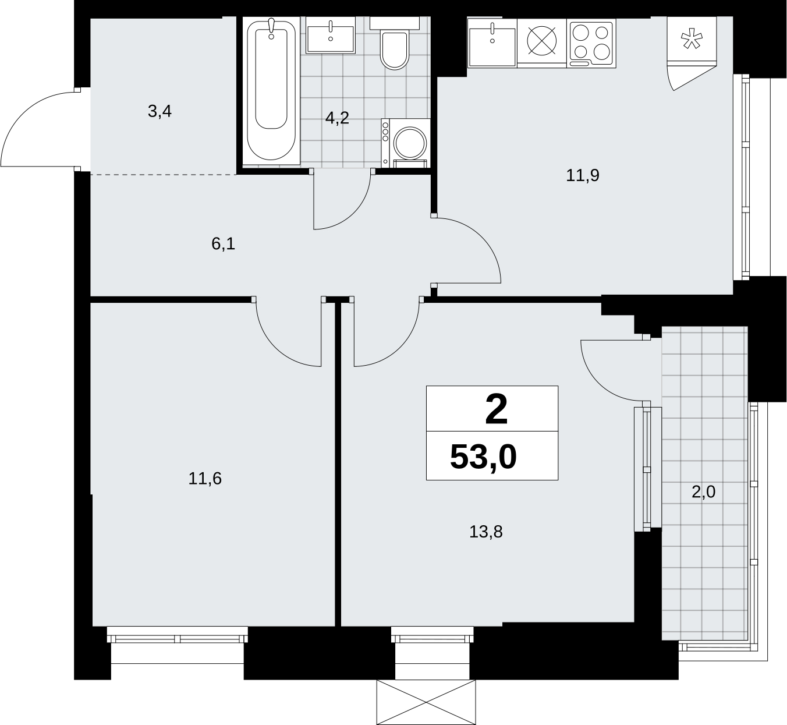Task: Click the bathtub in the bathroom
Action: pyautogui.click(x=271, y=91)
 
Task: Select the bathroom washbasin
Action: pyautogui.click(x=330, y=36)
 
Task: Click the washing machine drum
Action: pyautogui.click(x=410, y=143)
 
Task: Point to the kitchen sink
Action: pyautogui.click(x=492, y=43)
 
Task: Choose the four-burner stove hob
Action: pyautogui.click(x=591, y=43)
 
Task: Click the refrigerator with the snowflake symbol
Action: pyautogui.click(x=692, y=39)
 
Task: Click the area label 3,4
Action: pyautogui.click(x=159, y=112)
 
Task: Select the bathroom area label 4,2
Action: pyautogui.click(x=337, y=118)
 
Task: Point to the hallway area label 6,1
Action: pyautogui.click(x=223, y=244)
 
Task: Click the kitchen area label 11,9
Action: pyautogui.click(x=583, y=175)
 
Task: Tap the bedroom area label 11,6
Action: pyautogui.click(x=205, y=479)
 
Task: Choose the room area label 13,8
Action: pyautogui.click(x=485, y=532)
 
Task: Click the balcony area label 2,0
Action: pyautogui.click(x=703, y=491)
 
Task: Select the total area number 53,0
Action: pyautogui.click(x=483, y=457)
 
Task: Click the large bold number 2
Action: pyautogui.click(x=497, y=409)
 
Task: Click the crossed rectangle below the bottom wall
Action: pyautogui.click(x=426, y=703)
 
